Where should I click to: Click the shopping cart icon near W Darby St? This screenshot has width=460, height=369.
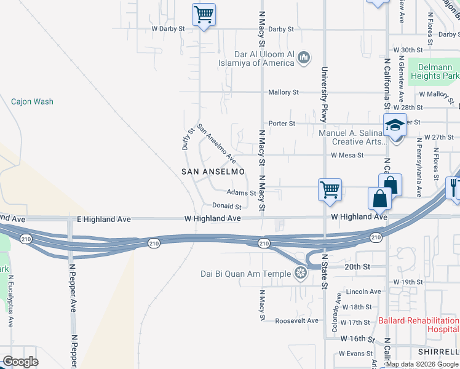click(x=204, y=14)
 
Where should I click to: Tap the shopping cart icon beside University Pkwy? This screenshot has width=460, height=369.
click(x=330, y=189)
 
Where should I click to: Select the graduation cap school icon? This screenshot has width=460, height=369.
click(x=394, y=125)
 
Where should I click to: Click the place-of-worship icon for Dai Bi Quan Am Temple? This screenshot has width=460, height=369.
click(x=301, y=272)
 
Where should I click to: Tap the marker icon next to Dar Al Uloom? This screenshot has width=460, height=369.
click(x=303, y=58)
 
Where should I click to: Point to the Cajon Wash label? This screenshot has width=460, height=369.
click(x=32, y=101)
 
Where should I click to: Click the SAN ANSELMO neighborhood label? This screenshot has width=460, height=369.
click(x=213, y=172)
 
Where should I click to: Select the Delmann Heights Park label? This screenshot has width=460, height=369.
click(x=430, y=71)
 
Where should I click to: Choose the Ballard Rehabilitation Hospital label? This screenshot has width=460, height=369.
click(x=418, y=325)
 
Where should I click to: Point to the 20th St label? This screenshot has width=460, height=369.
click(x=357, y=267)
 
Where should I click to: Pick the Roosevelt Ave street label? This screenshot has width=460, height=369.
click(x=296, y=321)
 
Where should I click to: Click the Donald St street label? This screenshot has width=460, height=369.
click(x=226, y=206)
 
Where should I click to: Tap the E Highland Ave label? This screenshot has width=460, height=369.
click(x=104, y=219)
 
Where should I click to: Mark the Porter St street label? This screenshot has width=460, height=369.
click(x=282, y=124)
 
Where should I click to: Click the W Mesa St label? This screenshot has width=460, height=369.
click(x=347, y=156)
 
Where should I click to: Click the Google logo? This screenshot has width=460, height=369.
click(x=21, y=362)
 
